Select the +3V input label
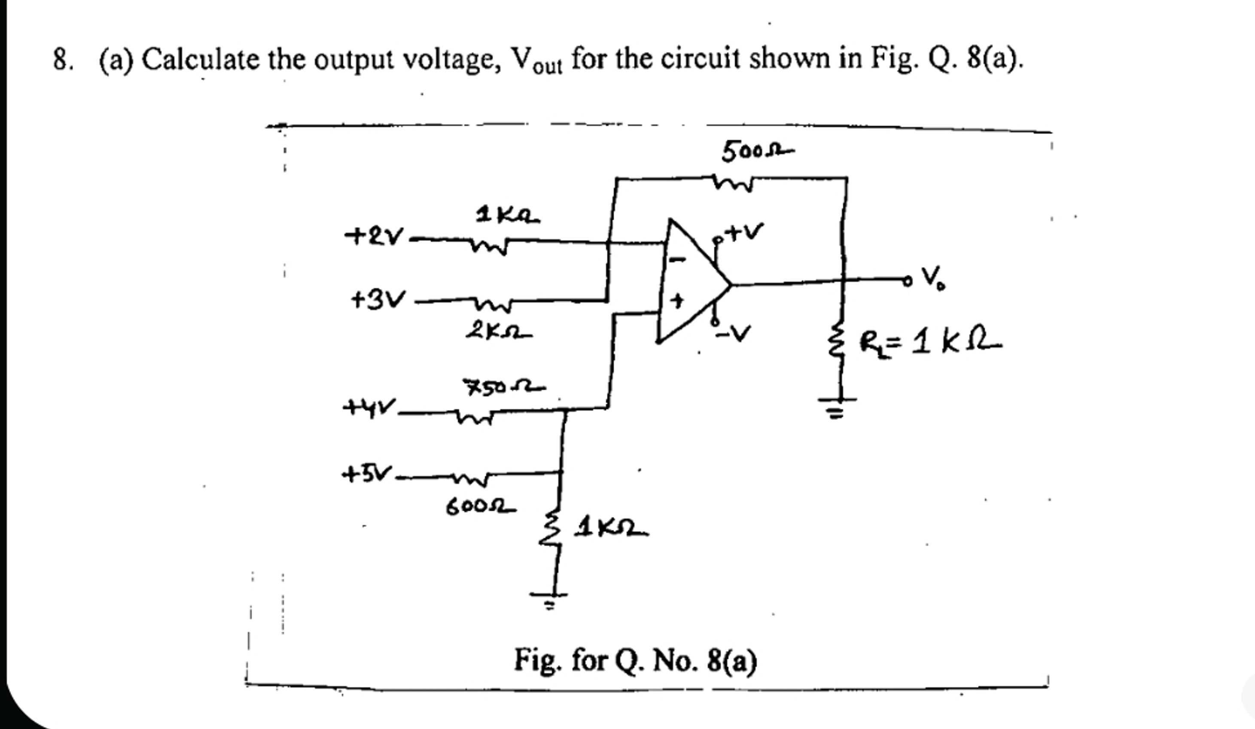click(378, 300)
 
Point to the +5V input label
click(367, 474)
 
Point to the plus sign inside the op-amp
click(677, 301)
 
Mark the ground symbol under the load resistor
click(838, 406)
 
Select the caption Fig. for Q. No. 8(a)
click(635, 661)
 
